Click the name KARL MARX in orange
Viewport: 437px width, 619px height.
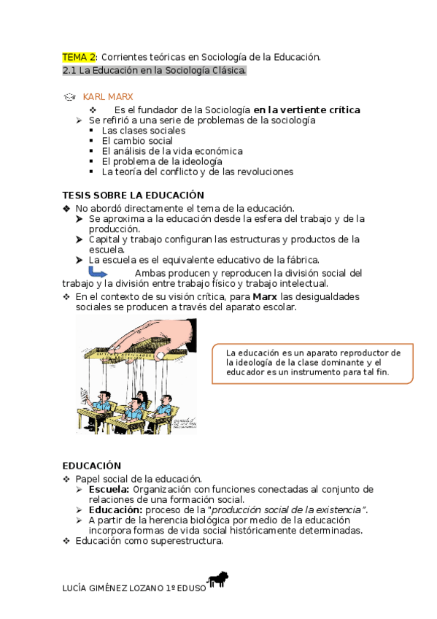click(x=108, y=96)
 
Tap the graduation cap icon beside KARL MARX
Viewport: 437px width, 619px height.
click(x=69, y=96)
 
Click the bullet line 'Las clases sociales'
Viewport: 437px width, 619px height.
click(x=143, y=131)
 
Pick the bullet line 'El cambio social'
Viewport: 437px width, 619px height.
click(x=137, y=141)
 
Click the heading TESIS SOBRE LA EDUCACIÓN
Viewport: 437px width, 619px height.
click(x=133, y=195)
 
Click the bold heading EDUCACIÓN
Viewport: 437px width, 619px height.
click(x=91, y=465)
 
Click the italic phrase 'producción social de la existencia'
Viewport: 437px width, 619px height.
click(x=287, y=510)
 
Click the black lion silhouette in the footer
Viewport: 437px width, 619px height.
click(x=219, y=580)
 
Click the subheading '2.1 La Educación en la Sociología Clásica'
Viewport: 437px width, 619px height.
click(x=155, y=71)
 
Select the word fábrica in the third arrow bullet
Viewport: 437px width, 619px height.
click(x=301, y=259)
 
